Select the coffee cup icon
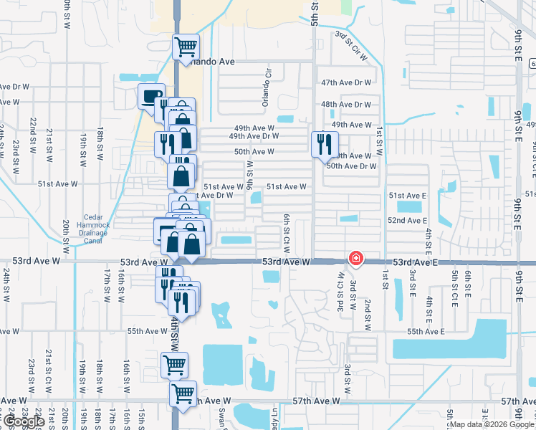[x=151, y=96]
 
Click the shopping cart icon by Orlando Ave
[x=186, y=47]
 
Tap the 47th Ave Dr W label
[x=346, y=82]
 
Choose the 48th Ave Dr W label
[x=346, y=104]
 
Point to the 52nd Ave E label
[x=407, y=220]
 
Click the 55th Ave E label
[x=426, y=331]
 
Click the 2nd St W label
[x=367, y=295]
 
